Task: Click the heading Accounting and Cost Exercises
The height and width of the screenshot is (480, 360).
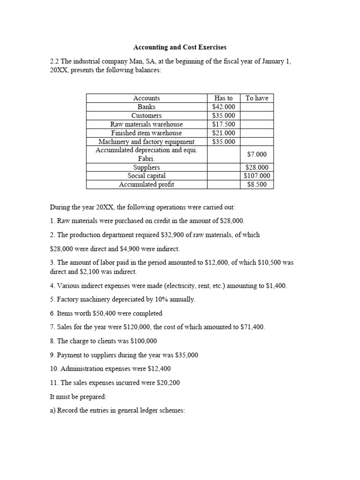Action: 180,47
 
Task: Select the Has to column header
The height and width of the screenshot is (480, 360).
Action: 224,98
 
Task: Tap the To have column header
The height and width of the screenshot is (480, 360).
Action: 257,98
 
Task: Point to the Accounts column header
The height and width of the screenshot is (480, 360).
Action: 147,98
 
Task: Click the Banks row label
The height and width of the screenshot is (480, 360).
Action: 147,107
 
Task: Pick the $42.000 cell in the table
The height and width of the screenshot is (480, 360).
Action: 224,107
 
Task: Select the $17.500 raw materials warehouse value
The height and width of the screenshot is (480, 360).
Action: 224,124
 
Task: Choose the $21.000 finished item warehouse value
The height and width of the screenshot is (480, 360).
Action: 224,133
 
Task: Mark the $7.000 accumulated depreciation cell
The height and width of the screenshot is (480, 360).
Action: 257,154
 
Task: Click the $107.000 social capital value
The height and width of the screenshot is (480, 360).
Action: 257,176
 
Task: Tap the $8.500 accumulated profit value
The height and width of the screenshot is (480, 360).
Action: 257,185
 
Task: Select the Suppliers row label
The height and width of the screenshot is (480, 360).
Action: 147,167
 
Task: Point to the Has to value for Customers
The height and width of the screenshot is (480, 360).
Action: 224,116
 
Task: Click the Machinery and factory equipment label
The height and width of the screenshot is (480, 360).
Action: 147,142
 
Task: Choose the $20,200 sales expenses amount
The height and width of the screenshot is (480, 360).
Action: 164,382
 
